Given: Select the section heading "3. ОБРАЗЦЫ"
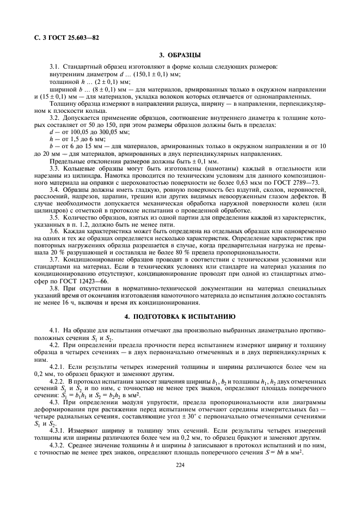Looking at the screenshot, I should point(180,55).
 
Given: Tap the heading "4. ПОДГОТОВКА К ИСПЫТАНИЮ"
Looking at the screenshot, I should point(180,316).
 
